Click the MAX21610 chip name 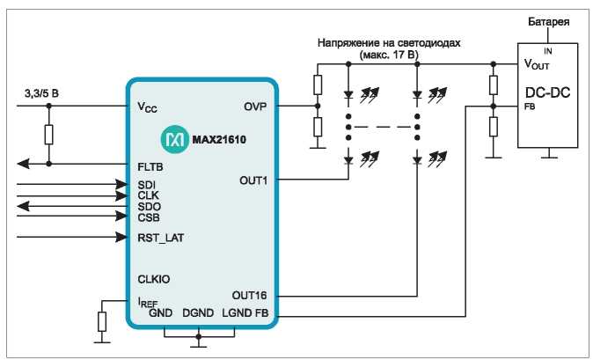tap(219, 140)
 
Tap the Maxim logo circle tap(175, 140)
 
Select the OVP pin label tap(255, 107)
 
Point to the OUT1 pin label tap(253, 180)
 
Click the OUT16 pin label tap(249, 296)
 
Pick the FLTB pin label tap(150, 167)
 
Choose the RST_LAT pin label tap(161, 239)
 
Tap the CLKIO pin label tap(154, 279)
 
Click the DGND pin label tap(198, 313)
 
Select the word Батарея tap(548, 21)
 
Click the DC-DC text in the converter tap(547, 92)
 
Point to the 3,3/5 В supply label tap(41, 93)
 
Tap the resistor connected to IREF tap(102, 322)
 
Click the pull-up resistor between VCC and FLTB tap(48, 135)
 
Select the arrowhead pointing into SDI tap(121, 185)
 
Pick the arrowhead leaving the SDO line tap(23, 206)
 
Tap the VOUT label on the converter tap(537, 64)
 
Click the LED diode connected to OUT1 tap(348, 160)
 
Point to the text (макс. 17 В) tap(389, 55)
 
